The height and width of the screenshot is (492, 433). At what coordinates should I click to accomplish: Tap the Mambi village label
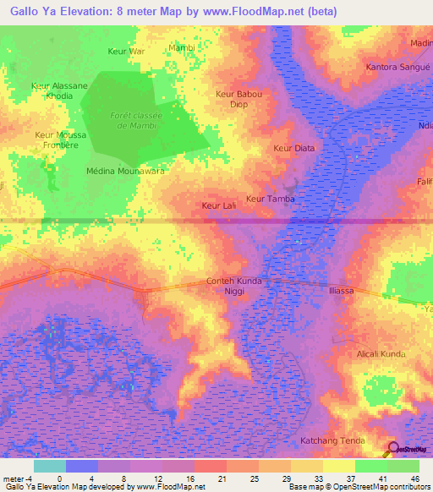[182, 48]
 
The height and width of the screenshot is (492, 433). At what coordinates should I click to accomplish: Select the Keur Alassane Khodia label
[59, 91]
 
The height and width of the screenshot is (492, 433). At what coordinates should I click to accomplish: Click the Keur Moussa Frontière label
[57, 139]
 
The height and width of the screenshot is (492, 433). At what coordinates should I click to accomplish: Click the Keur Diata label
[293, 148]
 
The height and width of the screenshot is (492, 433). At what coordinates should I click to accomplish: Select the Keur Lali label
[217, 205]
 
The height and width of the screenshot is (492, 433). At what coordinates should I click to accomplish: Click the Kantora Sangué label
[394, 66]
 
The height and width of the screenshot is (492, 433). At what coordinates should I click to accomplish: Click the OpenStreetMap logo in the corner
[408, 449]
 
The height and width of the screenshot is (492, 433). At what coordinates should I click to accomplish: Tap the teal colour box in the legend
[49, 466]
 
